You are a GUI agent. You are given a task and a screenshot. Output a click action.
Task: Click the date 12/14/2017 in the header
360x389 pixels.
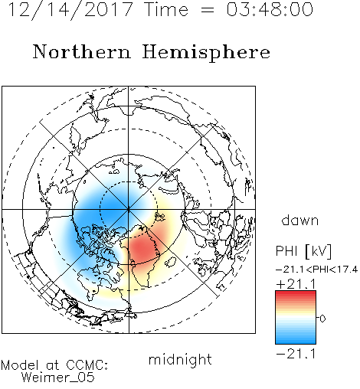(x=71, y=10)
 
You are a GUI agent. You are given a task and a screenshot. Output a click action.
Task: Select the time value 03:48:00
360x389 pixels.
(x=270, y=9)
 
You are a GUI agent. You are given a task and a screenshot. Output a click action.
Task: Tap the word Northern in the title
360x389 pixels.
(x=82, y=52)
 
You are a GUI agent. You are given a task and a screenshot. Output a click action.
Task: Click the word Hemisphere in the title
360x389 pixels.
(x=206, y=53)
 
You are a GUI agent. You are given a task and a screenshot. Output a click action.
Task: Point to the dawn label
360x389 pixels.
(x=300, y=220)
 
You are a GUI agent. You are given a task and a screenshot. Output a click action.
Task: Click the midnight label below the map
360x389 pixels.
(x=180, y=360)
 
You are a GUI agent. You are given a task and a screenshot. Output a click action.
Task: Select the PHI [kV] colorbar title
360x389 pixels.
(x=303, y=251)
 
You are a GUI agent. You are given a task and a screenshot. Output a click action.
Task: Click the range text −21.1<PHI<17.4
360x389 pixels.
(x=316, y=270)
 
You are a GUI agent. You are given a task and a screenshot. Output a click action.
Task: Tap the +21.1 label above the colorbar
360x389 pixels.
(x=296, y=284)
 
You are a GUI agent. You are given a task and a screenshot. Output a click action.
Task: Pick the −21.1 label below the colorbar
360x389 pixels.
(x=296, y=354)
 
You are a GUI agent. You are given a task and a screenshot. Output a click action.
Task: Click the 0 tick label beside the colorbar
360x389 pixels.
(x=322, y=319)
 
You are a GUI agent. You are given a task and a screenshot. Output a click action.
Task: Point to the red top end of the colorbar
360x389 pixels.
(x=296, y=293)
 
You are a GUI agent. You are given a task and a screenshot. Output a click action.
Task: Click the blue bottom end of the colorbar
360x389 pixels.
(x=296, y=342)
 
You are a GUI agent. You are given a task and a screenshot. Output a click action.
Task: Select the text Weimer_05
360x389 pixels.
(x=58, y=378)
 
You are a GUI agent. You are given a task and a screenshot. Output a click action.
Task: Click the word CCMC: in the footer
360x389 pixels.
(x=87, y=365)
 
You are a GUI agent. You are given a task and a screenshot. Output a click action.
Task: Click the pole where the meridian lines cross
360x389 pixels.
(x=129, y=209)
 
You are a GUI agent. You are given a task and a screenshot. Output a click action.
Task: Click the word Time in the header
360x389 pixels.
(x=166, y=9)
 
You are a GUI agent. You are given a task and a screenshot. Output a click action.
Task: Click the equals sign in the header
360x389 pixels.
(x=208, y=10)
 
